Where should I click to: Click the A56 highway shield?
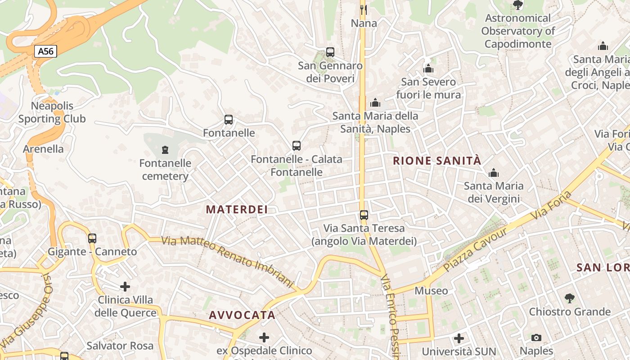(x=45, y=51)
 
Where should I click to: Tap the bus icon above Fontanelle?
(x=229, y=120)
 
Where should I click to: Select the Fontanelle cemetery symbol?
(x=165, y=149)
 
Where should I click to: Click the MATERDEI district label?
(x=237, y=209)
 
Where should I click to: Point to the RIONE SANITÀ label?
(x=437, y=161)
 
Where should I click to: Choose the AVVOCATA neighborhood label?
(x=242, y=315)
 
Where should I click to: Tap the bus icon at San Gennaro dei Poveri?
(x=330, y=52)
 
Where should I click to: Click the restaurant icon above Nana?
(x=364, y=9)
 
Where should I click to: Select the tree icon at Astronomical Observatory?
(x=517, y=5)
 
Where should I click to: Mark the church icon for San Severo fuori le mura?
(x=428, y=68)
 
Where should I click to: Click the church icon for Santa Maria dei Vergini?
(x=494, y=173)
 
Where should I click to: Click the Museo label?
(x=431, y=291)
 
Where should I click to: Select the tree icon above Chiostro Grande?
(x=570, y=298)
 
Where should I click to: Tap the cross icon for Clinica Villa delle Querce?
(x=125, y=286)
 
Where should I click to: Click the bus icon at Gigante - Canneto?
(x=92, y=238)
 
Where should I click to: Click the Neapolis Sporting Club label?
(x=52, y=112)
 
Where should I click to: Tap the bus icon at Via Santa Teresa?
(x=364, y=215)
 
